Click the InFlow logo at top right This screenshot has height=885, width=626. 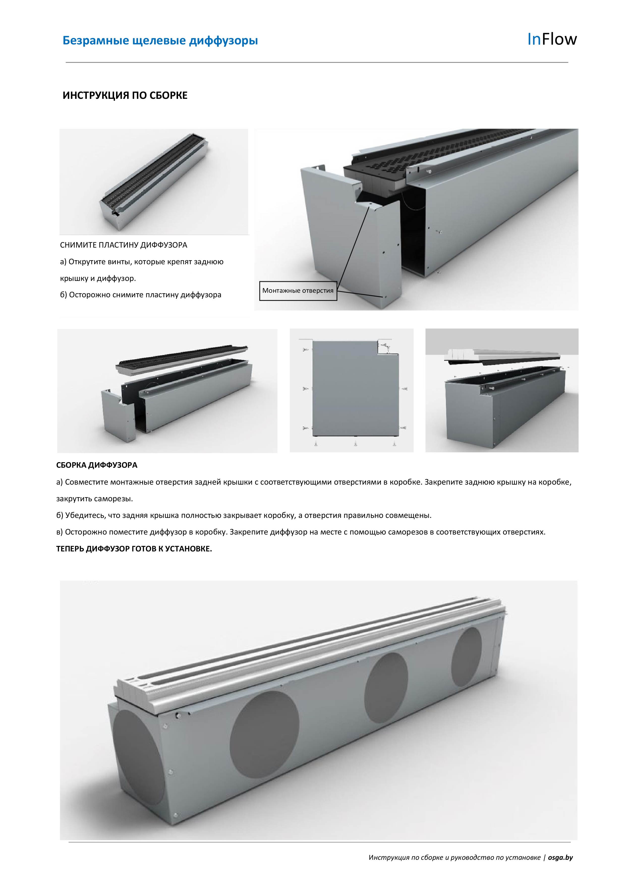click(552, 39)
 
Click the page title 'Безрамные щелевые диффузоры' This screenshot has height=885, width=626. click(160, 41)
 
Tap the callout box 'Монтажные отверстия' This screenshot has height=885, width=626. click(298, 291)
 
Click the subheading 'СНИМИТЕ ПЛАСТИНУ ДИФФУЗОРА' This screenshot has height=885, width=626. click(124, 245)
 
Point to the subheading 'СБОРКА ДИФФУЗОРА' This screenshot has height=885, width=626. click(97, 465)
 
